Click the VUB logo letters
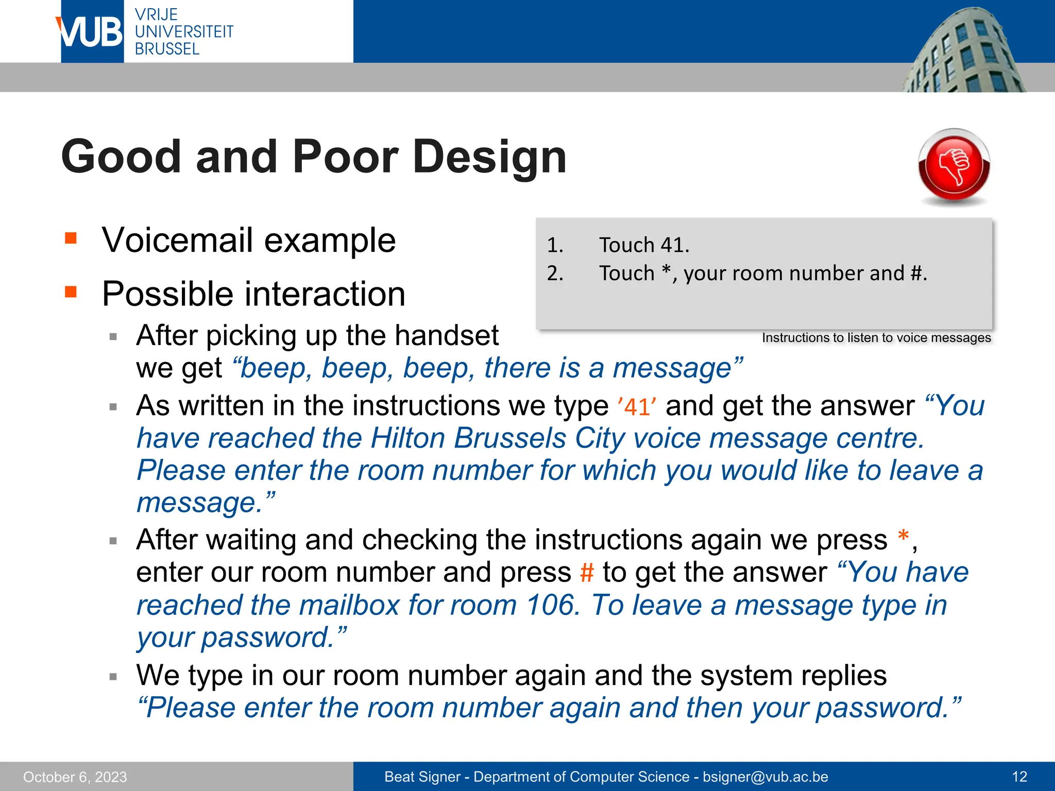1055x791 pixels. click(91, 32)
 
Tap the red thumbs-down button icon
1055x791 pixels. click(954, 166)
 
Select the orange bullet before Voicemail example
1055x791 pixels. click(71, 238)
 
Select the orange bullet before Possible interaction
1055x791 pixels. click(71, 292)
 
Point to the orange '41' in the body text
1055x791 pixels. click(637, 407)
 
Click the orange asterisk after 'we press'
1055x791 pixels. click(903, 537)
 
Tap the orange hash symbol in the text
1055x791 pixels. click(587, 573)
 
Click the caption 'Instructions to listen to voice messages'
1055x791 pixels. click(876, 338)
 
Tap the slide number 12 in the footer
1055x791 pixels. click(1019, 777)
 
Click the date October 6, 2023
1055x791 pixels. click(75, 777)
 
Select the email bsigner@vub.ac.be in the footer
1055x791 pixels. click(765, 777)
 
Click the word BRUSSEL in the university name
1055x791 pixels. click(167, 49)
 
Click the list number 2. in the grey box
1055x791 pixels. click(555, 273)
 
